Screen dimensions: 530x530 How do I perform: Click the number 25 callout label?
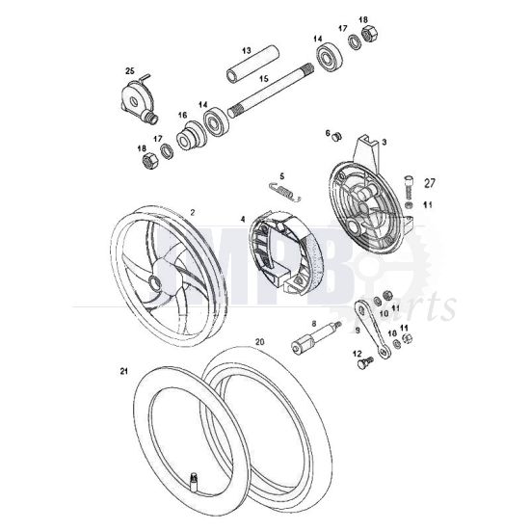pyautogui.click(x=131, y=70)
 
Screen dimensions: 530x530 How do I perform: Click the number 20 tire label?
pyautogui.click(x=259, y=340)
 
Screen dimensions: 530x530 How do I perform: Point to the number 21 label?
pyautogui.click(x=122, y=371)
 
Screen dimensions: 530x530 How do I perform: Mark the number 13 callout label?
pyautogui.click(x=247, y=50)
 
